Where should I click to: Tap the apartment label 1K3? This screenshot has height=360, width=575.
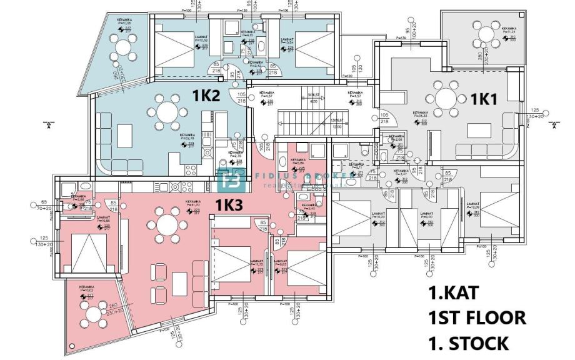point(229,204)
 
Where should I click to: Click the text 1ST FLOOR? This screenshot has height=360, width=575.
point(477,318)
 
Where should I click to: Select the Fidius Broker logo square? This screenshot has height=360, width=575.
point(229,181)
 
